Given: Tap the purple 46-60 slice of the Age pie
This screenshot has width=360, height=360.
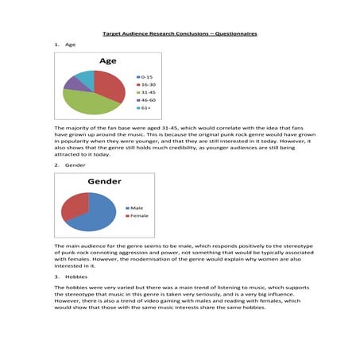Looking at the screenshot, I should pyautogui.click(x=72, y=82).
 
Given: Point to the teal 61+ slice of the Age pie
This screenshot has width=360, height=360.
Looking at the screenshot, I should pyautogui.click(x=85, y=75).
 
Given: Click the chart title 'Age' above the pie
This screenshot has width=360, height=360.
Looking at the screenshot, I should pyautogui.click(x=107, y=61).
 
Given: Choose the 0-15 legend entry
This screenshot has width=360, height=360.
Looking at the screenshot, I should pyautogui.click(x=147, y=75).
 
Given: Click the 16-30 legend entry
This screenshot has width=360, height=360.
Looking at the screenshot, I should pyautogui.click(x=148, y=83).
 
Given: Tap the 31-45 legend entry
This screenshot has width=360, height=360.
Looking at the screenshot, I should pyautogui.click(x=148, y=91).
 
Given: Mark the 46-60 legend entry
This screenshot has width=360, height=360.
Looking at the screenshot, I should pyautogui.click(x=148, y=100).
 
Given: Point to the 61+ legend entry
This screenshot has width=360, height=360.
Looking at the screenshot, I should pyautogui.click(x=146, y=108).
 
